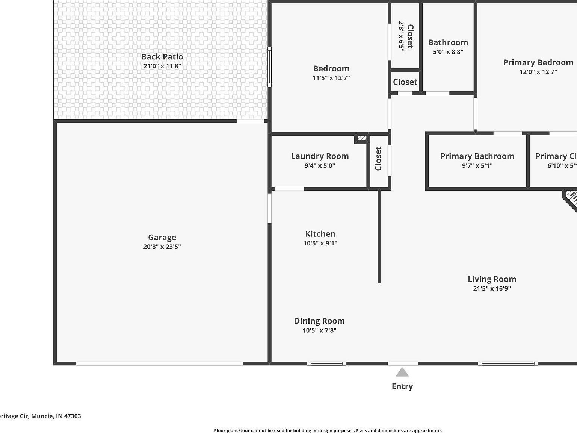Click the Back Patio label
pyautogui.click(x=162, y=57)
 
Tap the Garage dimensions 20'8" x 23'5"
pyautogui.click(x=162, y=247)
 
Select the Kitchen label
pyautogui.click(x=320, y=234)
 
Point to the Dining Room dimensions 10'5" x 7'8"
pyautogui.click(x=319, y=330)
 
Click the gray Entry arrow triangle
pyautogui.click(x=402, y=372)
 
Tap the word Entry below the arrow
pyautogui.click(x=402, y=386)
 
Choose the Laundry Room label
pyautogui.click(x=320, y=156)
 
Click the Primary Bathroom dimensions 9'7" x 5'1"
pyautogui.click(x=477, y=165)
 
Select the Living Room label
pyautogui.click(x=492, y=279)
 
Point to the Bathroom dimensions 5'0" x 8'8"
pyautogui.click(x=448, y=52)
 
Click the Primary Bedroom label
pyautogui.click(x=538, y=62)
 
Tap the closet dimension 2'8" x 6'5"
pyautogui.click(x=401, y=36)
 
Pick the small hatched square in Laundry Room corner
pyautogui.click(x=361, y=138)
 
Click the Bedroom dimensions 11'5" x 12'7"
pyautogui.click(x=331, y=78)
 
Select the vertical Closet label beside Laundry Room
pyautogui.click(x=378, y=158)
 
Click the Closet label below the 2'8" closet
pyautogui.click(x=405, y=82)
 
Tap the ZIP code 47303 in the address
pyautogui.click(x=73, y=416)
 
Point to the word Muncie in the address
pyautogui.click(x=42, y=416)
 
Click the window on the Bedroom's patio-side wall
pyautogui.click(x=269, y=67)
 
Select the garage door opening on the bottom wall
pyautogui.click(x=160, y=363)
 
